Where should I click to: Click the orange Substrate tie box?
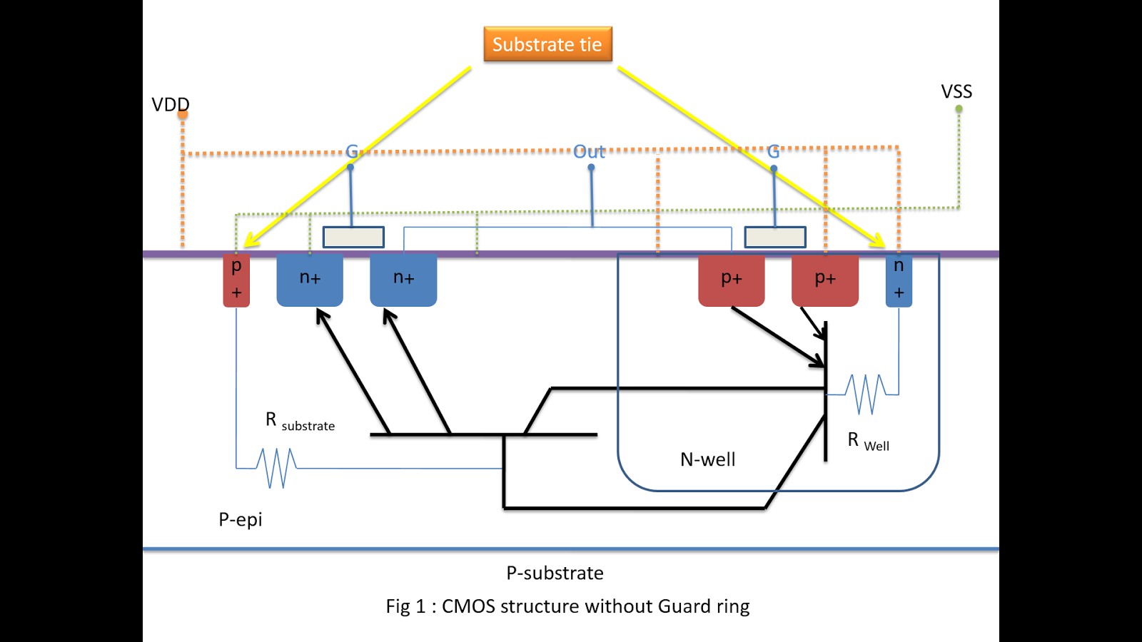547,44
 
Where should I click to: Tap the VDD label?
170,104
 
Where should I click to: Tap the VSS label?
956,91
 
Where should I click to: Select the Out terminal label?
589,152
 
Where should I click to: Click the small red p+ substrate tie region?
236,280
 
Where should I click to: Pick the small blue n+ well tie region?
899,280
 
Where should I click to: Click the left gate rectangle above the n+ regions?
353,237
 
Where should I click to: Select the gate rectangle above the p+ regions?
775,237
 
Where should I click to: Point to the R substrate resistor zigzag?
277,468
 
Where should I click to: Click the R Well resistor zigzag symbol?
866,394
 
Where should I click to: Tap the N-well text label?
707,459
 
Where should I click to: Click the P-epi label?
241,519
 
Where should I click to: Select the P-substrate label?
555,573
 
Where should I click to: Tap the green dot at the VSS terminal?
959,109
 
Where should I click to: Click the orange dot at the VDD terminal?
183,114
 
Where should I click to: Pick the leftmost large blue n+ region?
310,279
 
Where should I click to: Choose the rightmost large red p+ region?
825,279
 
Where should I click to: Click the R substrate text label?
300,422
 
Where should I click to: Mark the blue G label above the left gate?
352,151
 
